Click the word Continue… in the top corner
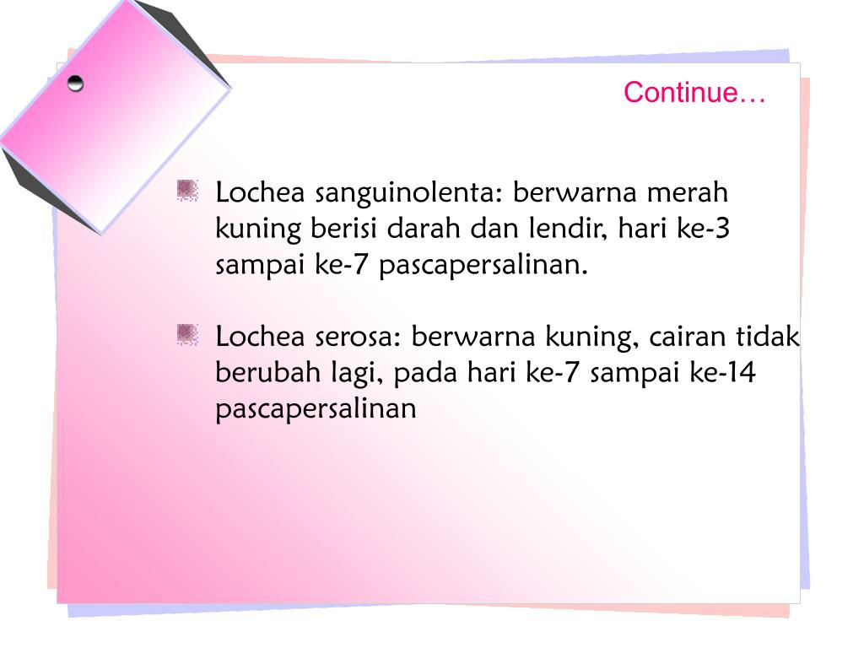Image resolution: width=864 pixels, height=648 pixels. pyautogui.click(x=694, y=93)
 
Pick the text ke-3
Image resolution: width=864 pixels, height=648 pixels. pyautogui.click(x=703, y=229)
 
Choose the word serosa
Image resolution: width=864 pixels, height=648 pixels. pyautogui.click(x=359, y=337)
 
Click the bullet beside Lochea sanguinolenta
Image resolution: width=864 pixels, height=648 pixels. pyautogui.click(x=187, y=191)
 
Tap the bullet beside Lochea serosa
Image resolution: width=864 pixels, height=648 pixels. pyautogui.click(x=187, y=335)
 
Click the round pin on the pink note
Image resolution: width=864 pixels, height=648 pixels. pyautogui.click(x=76, y=83)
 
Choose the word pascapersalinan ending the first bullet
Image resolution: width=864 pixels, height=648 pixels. pyautogui.click(x=482, y=266)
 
